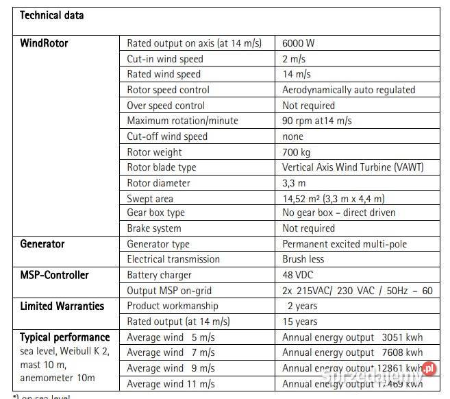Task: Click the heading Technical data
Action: tap(52, 14)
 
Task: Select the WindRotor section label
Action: tap(45, 43)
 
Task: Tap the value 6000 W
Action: tap(299, 43)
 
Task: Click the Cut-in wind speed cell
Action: tap(165, 59)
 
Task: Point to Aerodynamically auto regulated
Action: tap(349, 90)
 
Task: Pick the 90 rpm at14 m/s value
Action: tap(317, 121)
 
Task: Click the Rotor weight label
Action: tap(155, 152)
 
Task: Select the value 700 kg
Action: tap(297, 152)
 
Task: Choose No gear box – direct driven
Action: tap(339, 213)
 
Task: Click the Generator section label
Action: tap(42, 243)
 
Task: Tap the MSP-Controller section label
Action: tap(54, 275)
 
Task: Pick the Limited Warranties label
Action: tap(62, 306)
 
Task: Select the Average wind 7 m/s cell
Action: tap(171, 352)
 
